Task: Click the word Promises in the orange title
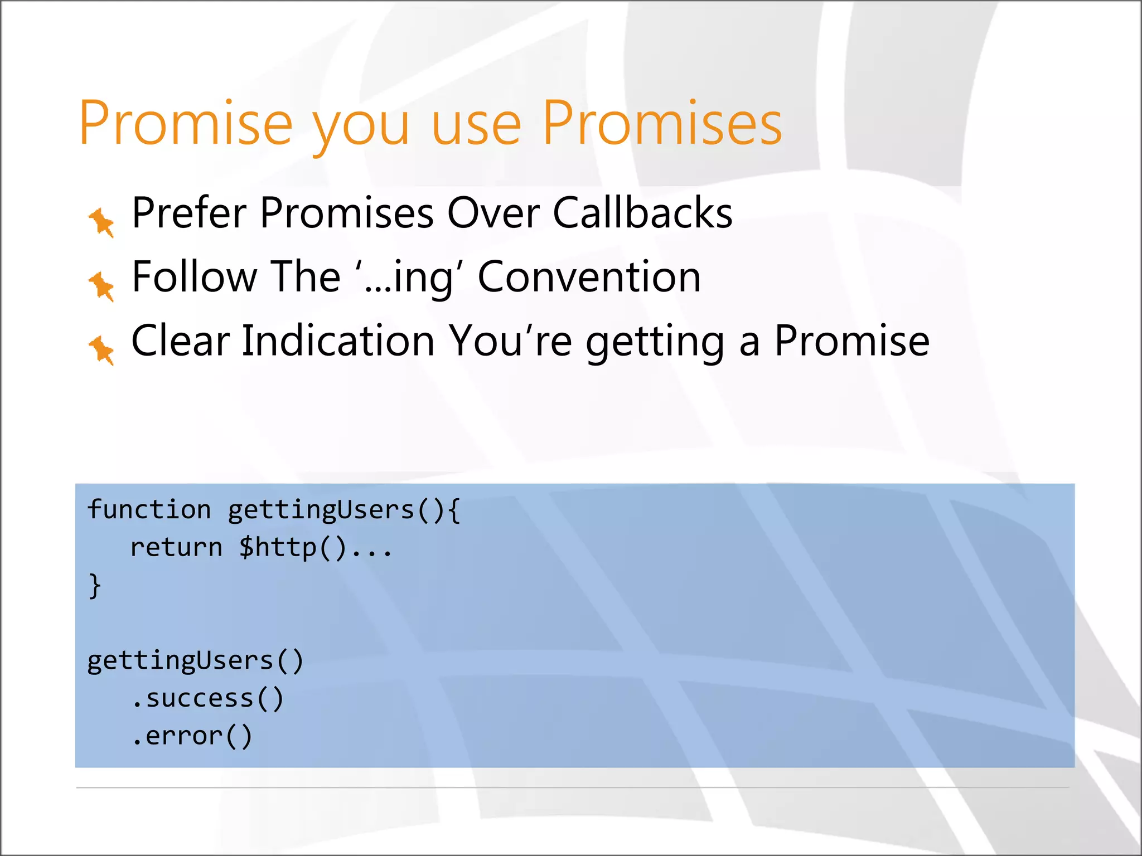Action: pyautogui.click(x=662, y=123)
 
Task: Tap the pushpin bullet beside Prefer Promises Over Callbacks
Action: pyautogui.click(x=101, y=222)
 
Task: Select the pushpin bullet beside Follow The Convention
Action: pyautogui.click(x=101, y=286)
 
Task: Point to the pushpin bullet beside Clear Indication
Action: pyautogui.click(x=101, y=350)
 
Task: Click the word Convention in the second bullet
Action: pyautogui.click(x=589, y=277)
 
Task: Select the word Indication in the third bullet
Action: pyautogui.click(x=338, y=341)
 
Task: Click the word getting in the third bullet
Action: pyautogui.click(x=655, y=343)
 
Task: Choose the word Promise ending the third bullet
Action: pyautogui.click(x=851, y=341)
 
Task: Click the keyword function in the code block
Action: pyautogui.click(x=149, y=509)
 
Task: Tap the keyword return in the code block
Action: pyautogui.click(x=176, y=547)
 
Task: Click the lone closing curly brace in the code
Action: pyautogui.click(x=95, y=585)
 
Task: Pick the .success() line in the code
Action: pyautogui.click(x=207, y=698)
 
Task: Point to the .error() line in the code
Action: pyautogui.click(x=192, y=736)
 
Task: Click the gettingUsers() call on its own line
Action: pyautogui.click(x=195, y=661)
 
